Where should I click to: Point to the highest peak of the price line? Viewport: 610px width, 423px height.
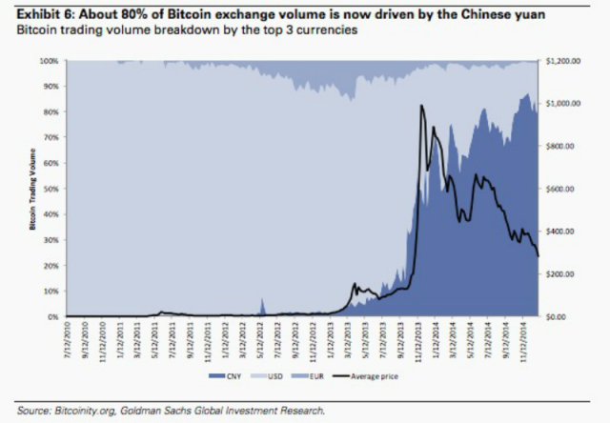point(421,106)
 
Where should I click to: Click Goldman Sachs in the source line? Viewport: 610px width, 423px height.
point(152,411)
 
